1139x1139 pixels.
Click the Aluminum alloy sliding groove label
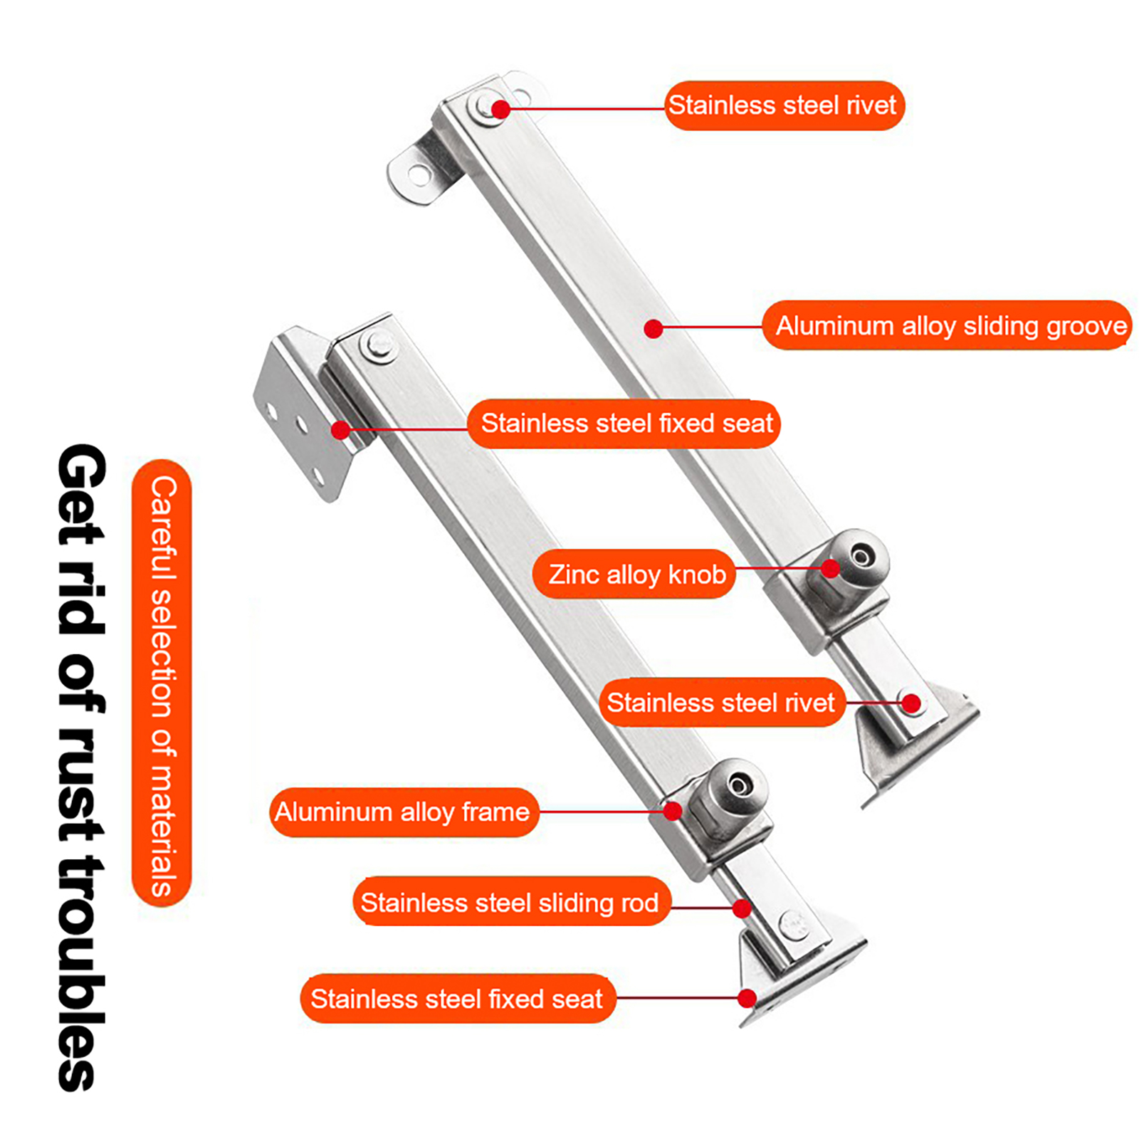947,325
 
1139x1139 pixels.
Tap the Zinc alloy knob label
634,574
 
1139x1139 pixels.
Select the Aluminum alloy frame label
404,812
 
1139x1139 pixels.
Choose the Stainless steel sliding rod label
511,902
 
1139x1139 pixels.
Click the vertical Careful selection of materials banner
162,683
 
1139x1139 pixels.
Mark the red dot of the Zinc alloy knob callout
830,569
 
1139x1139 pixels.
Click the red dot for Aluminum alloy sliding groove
654,328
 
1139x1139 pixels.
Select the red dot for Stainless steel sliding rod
742,908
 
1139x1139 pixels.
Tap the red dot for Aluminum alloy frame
672,811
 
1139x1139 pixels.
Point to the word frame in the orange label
495,812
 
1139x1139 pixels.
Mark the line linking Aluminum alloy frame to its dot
600,812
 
